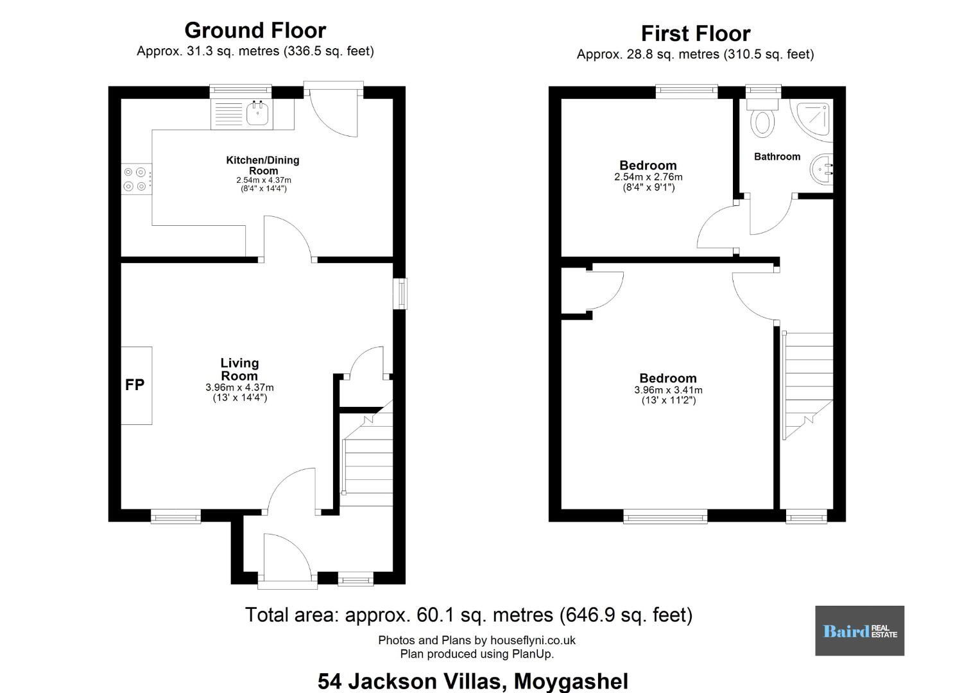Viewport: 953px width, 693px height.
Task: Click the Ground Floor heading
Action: [x=255, y=31]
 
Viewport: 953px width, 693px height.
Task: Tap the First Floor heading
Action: [x=696, y=33]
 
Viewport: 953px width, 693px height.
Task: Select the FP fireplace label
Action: [x=135, y=385]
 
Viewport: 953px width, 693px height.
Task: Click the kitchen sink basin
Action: [x=257, y=113]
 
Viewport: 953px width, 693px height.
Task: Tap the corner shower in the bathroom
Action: [x=811, y=120]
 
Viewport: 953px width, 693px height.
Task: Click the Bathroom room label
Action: [x=777, y=157]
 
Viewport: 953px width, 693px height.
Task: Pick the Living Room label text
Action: [x=239, y=369]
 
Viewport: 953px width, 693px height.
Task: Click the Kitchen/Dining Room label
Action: [x=263, y=165]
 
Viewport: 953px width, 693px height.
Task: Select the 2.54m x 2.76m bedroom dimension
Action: [x=648, y=177]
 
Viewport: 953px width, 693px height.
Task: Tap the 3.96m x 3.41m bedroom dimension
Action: [x=668, y=390]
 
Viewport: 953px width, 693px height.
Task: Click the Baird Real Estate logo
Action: [x=860, y=631]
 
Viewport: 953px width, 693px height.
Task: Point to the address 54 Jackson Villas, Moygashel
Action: [x=473, y=681]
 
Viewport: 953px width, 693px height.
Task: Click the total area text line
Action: [x=469, y=615]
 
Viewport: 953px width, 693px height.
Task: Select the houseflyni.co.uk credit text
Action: [x=476, y=640]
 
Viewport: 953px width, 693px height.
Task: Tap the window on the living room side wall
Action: [x=400, y=293]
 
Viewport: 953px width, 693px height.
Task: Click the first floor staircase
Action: [x=807, y=386]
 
